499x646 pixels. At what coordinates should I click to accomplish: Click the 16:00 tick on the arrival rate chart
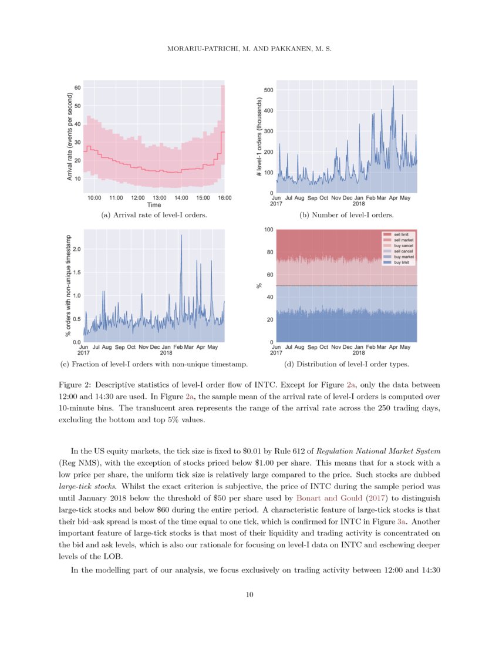tap(224, 198)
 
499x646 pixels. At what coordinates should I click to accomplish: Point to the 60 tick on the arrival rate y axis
tap(77, 88)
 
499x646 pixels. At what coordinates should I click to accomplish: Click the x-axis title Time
tap(154, 206)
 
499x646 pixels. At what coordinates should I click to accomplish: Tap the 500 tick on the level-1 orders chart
tap(268, 90)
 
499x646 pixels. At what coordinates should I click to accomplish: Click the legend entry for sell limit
tap(402, 234)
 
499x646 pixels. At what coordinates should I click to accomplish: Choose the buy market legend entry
tap(403, 257)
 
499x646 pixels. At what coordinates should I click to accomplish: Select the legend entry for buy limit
tap(402, 263)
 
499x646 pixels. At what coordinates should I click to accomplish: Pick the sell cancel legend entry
tap(403, 251)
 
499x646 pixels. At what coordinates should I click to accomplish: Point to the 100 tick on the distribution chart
tap(267, 230)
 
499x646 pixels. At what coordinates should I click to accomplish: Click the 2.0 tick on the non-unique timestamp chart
tap(76, 249)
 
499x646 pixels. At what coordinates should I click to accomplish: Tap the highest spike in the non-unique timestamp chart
tap(181, 236)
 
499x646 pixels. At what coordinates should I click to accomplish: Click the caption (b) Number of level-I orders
tap(346, 216)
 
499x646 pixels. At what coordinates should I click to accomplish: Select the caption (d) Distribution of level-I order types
tap(346, 365)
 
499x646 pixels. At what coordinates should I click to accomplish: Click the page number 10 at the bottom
tap(249, 595)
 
